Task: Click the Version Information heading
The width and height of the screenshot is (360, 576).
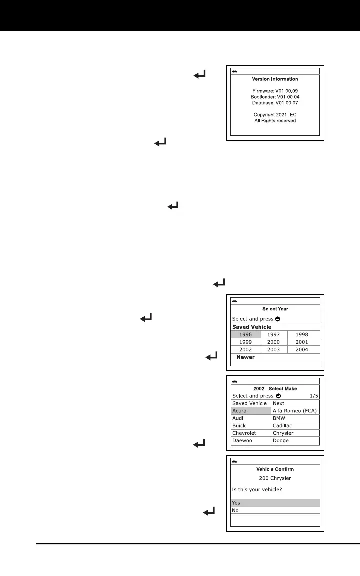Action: coord(275,79)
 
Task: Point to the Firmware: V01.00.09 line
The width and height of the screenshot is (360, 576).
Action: coord(275,91)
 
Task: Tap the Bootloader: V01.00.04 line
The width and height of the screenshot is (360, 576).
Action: coord(275,97)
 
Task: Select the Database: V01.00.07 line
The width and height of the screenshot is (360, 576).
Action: coord(275,103)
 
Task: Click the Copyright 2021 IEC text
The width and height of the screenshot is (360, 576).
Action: coord(275,114)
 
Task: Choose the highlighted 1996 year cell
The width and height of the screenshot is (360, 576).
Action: coord(245,334)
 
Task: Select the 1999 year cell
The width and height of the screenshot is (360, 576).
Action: coord(245,342)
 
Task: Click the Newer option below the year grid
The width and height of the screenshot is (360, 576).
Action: coord(245,357)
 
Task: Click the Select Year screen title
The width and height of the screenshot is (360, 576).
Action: coord(275,309)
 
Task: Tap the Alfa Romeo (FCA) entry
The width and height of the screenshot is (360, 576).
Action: coord(295,411)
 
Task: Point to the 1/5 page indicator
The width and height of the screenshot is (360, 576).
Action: coord(314,396)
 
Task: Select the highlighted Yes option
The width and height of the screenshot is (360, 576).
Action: coord(275,503)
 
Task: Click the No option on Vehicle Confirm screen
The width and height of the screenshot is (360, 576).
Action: coord(275,511)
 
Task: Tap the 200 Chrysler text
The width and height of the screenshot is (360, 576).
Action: coord(275,478)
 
